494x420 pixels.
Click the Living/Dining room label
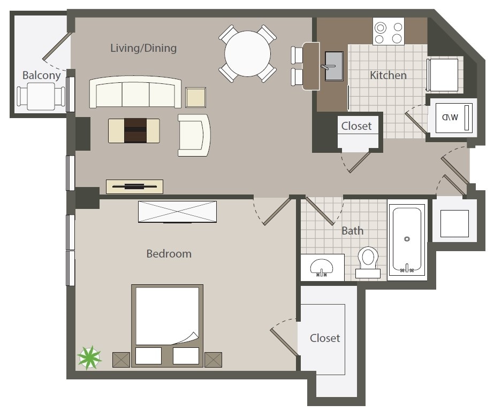[x=143, y=48]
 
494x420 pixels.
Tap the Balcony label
[x=41, y=75]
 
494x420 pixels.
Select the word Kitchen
[x=388, y=75]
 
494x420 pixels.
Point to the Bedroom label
[x=169, y=254]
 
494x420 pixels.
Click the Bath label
[x=352, y=231]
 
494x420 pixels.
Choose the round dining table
[x=247, y=53]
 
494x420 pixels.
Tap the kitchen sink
[x=334, y=66]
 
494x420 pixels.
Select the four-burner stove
[x=389, y=32]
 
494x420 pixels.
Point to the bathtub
[x=407, y=239]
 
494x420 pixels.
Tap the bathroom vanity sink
[x=322, y=266]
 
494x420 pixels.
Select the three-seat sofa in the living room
[x=135, y=94]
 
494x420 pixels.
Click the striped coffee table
[x=134, y=130]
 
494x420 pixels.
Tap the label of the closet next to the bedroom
[x=325, y=338]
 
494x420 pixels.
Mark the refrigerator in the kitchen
[x=443, y=75]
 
